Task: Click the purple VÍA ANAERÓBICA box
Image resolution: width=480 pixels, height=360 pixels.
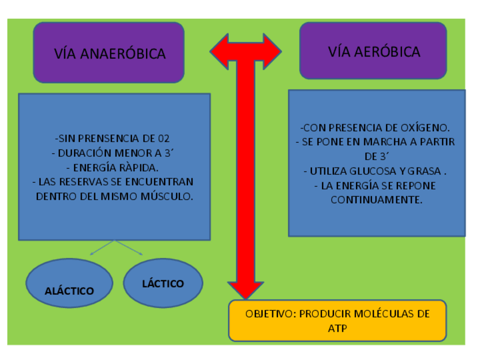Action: [x=109, y=53]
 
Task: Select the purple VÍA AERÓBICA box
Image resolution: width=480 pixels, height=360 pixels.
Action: [x=373, y=51]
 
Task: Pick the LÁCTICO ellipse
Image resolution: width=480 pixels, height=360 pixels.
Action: [x=163, y=283]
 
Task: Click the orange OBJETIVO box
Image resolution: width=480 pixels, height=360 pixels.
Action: [x=337, y=320]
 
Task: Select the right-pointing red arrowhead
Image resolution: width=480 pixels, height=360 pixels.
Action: [x=270, y=52]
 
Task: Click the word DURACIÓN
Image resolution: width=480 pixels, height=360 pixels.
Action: [x=87, y=153]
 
